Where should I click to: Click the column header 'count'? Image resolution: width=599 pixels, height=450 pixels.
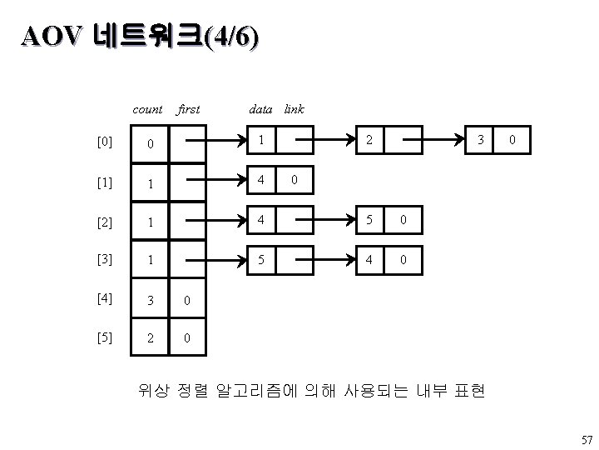coord(147,110)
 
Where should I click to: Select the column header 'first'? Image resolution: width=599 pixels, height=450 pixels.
coord(188,109)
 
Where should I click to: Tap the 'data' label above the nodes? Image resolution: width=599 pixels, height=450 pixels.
coord(260,109)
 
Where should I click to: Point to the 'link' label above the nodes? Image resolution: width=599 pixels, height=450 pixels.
coord(295,109)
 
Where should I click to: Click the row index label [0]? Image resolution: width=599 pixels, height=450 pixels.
coord(105,142)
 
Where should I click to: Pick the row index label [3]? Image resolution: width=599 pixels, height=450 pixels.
coord(105,259)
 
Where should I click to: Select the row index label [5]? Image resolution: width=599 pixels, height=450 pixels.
coord(105,337)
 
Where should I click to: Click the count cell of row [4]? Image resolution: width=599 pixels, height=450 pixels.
coord(150,299)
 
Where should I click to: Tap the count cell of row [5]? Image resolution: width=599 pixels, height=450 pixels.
coord(150,337)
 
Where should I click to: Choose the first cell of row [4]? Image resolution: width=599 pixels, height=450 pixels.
coord(187,299)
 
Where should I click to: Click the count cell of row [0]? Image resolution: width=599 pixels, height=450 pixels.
coord(150,143)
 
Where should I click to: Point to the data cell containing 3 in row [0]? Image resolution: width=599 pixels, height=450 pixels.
coord(480,140)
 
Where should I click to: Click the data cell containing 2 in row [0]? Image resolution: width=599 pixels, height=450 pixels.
coord(369,140)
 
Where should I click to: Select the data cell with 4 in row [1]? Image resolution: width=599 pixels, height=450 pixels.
coord(261,180)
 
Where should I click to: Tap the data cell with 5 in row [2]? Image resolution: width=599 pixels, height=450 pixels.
coord(369,220)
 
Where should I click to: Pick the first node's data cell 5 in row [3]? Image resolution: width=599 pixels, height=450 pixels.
coord(261,260)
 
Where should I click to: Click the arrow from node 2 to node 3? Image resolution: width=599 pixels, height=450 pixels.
coord(433,140)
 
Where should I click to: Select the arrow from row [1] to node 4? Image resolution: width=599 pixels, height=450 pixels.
coord(216,179)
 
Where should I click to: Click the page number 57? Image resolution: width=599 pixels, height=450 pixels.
coord(587,440)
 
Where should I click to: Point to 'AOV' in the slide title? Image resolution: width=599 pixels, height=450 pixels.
coord(52,37)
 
